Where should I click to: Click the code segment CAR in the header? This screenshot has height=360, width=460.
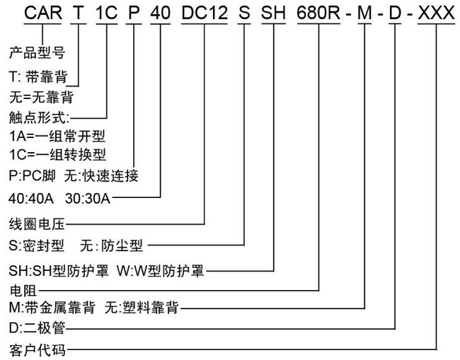pos(43,13)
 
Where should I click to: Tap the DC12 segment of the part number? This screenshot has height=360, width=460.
pos(205,13)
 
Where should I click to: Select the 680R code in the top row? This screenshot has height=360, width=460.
pos(318,13)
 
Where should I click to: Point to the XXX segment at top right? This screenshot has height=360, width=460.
pos(436,13)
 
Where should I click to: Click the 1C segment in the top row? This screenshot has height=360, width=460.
pos(106,13)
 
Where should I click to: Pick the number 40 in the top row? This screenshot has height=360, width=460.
pos(161,13)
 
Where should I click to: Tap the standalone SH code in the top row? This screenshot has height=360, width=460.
pos(273,13)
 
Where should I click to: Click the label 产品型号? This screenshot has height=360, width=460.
pos(37,53)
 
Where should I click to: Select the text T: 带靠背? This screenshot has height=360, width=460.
pos(38,77)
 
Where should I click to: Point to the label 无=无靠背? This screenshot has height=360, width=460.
pos(41,98)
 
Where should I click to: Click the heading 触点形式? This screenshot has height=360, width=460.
pos(40,118)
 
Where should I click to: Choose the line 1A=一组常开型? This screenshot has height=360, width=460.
pos(57,136)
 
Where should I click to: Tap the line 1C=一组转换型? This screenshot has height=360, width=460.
pos(57,154)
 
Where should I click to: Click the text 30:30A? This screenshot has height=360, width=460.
pos(88,199)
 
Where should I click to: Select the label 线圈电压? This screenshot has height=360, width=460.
pos(37,224)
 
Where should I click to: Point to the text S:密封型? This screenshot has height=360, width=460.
pos(36,245)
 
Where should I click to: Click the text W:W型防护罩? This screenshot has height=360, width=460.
pos(160,270)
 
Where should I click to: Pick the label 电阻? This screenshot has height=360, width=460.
pos(23,291)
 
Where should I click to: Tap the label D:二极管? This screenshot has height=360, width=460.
pos(38,328)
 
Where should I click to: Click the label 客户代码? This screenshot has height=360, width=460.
pos(38,350)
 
